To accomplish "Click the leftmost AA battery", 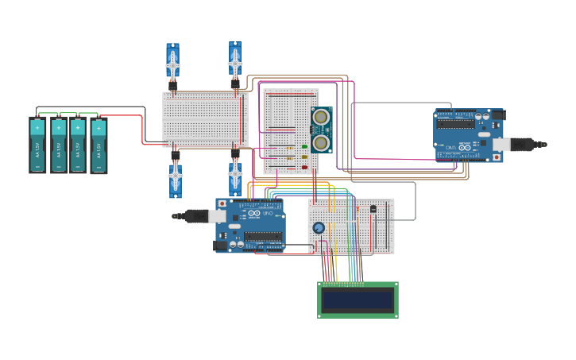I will [37, 145].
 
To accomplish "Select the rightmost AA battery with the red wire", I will [99, 145].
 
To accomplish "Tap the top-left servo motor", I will [172, 62].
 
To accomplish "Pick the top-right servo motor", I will [235, 60].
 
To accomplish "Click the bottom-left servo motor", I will [175, 176].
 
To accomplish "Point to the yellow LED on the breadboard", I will [304, 157].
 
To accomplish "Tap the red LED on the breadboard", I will [304, 168].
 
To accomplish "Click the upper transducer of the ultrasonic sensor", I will [321, 118].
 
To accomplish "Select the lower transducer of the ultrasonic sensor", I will [321, 142].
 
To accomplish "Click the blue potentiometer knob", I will [319, 228].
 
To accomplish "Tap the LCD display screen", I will [358, 300].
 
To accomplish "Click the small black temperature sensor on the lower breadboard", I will [373, 208].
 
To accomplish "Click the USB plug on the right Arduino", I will [524, 144].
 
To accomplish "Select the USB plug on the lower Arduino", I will [195, 215].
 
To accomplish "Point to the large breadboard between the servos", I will [205, 119].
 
